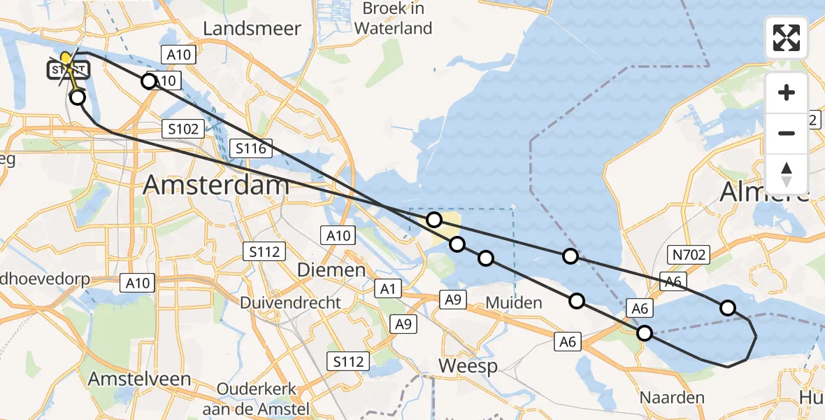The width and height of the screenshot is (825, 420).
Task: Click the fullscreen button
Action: point(787,38)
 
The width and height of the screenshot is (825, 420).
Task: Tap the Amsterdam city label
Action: point(216,185)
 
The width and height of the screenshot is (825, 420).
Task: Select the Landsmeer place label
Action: point(252,29)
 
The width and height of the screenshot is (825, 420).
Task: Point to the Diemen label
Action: point(331,269)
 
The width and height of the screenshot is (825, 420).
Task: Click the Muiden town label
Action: point(513,303)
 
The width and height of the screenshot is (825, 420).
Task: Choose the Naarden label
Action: point(672,398)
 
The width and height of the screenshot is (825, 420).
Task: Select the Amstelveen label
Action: point(139,379)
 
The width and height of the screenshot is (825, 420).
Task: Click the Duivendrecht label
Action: point(290,303)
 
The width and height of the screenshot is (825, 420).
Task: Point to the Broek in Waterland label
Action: point(393,19)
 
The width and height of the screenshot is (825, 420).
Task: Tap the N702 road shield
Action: point(689,255)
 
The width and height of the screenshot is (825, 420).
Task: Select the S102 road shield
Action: point(183,129)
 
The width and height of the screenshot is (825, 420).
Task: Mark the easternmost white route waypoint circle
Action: point(728,308)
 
